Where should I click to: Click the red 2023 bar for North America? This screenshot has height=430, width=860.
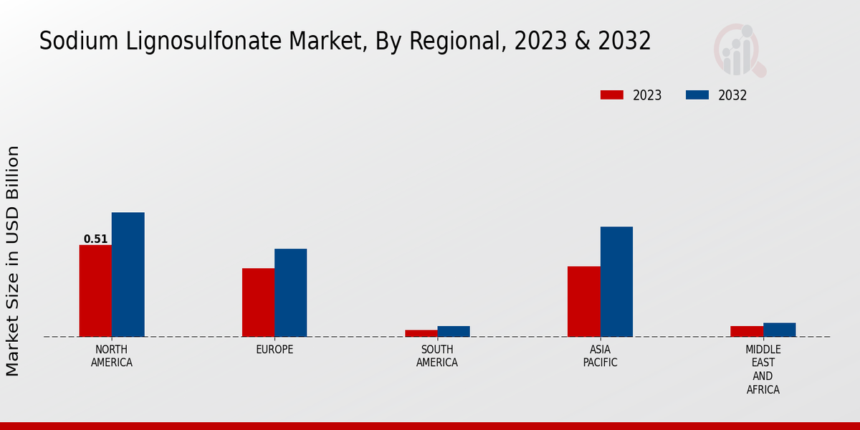(x=95, y=290)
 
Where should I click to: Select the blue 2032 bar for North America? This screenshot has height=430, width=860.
(x=128, y=274)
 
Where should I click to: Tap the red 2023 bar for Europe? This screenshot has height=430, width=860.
(x=258, y=302)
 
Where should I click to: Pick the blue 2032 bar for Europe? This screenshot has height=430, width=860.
(x=291, y=292)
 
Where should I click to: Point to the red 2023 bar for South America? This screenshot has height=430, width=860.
(x=421, y=333)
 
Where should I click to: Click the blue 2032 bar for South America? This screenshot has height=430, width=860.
(x=454, y=331)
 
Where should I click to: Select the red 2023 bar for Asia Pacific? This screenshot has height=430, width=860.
(x=583, y=301)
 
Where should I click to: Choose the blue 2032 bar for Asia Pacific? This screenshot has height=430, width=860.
(x=616, y=282)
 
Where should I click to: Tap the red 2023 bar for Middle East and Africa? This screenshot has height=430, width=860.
(x=746, y=331)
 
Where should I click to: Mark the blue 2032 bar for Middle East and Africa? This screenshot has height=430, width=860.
(x=779, y=330)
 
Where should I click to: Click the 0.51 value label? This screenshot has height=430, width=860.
(x=95, y=239)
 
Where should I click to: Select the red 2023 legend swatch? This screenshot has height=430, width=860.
(x=612, y=95)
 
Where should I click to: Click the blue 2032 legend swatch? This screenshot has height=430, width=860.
(x=697, y=95)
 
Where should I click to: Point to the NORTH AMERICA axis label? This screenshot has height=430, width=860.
(x=112, y=356)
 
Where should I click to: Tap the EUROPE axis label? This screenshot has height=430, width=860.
(x=274, y=350)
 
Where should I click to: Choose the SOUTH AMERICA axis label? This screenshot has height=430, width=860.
(x=437, y=356)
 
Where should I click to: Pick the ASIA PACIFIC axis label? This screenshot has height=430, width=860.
(x=600, y=356)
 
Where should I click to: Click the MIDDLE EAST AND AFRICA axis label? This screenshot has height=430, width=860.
(x=763, y=370)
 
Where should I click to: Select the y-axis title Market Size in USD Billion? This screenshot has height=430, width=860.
(x=13, y=261)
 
